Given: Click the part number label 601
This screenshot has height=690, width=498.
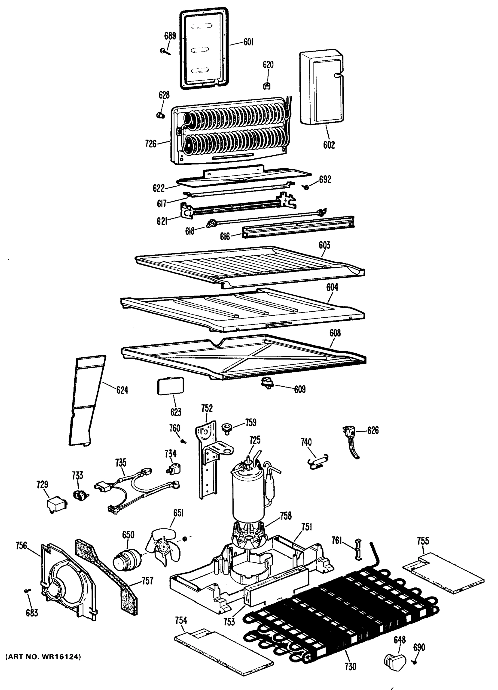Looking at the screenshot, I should pos(248,42).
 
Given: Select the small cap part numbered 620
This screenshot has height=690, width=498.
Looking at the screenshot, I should pos(267,86).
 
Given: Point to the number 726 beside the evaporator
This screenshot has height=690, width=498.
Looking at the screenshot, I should pos(151,143).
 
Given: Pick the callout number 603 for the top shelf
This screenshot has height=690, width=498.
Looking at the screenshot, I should pos(324,245).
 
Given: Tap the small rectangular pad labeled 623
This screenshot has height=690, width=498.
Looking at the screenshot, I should pos(170,386).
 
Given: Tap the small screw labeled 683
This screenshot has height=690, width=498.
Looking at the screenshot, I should pos(27,590).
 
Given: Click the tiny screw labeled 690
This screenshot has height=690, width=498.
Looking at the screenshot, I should pos(415,662).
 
